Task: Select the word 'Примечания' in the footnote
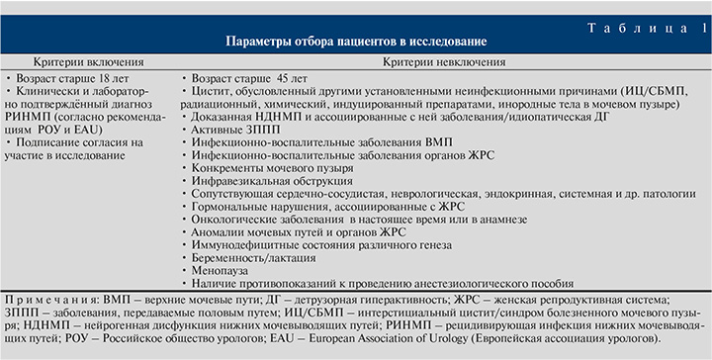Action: pos(44,297)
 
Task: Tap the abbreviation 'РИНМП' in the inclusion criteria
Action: pos(31,115)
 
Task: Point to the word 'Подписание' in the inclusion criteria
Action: pos(49,141)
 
